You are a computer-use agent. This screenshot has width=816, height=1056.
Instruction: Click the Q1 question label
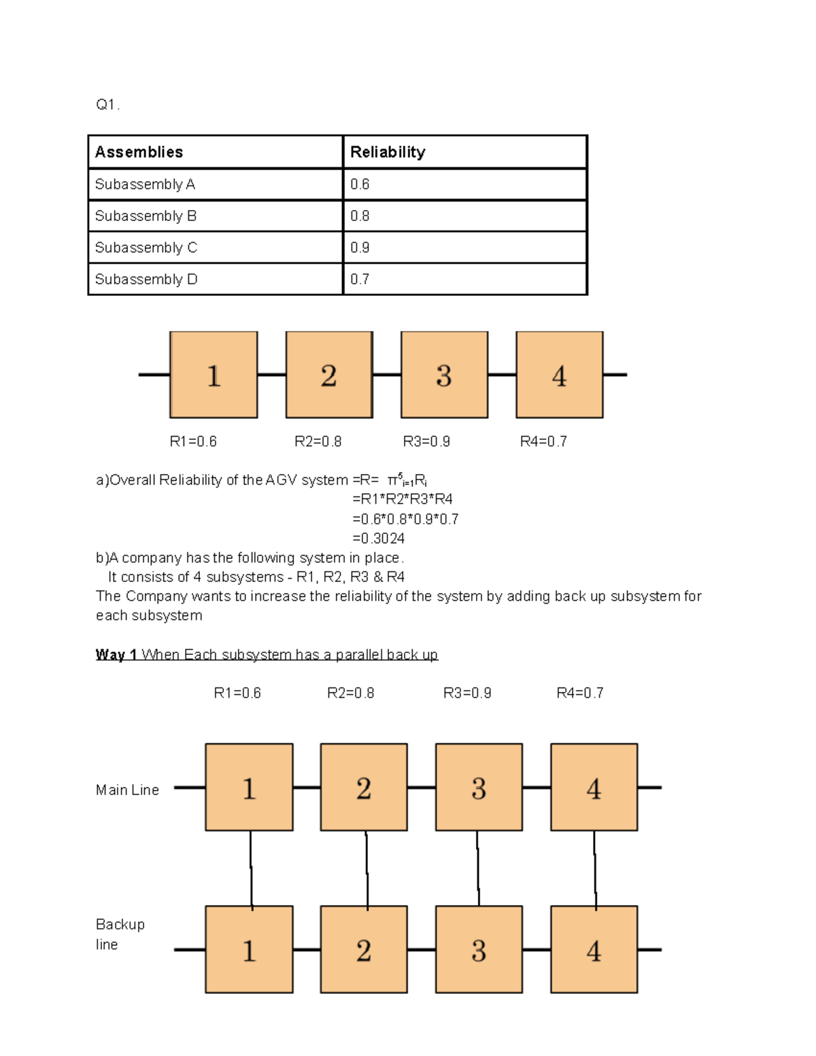point(107,105)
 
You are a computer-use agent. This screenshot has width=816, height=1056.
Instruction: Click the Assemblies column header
point(139,152)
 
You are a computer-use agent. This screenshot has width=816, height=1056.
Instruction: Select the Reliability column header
point(388,152)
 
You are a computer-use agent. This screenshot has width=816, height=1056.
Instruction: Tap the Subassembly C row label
point(146,248)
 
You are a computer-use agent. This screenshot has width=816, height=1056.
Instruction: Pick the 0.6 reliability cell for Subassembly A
point(360,184)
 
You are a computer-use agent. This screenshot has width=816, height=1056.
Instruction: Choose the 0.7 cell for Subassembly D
point(360,279)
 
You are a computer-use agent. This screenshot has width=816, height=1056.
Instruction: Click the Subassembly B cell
point(146,216)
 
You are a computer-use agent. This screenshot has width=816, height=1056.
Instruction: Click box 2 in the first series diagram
point(329,375)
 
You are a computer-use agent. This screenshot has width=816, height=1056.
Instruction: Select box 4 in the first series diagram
point(559,375)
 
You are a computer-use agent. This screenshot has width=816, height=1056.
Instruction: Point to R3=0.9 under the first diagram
point(426,442)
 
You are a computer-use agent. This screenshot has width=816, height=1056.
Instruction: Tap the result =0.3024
point(379,539)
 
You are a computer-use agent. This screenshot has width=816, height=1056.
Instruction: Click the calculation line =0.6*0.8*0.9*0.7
point(405,520)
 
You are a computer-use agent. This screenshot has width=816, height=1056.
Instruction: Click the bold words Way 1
point(116,655)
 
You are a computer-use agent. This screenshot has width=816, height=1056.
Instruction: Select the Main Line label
point(127,790)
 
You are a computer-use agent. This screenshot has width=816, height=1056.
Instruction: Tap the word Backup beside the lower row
point(120,925)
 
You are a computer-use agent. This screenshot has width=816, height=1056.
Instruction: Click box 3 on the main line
point(479,787)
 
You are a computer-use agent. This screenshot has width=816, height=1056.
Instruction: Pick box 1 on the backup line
point(249,949)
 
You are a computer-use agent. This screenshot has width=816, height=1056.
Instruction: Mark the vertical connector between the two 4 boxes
point(595,868)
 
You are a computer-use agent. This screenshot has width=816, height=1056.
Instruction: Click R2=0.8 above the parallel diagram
point(350,693)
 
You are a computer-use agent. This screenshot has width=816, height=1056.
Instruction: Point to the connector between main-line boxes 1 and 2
point(307,788)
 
